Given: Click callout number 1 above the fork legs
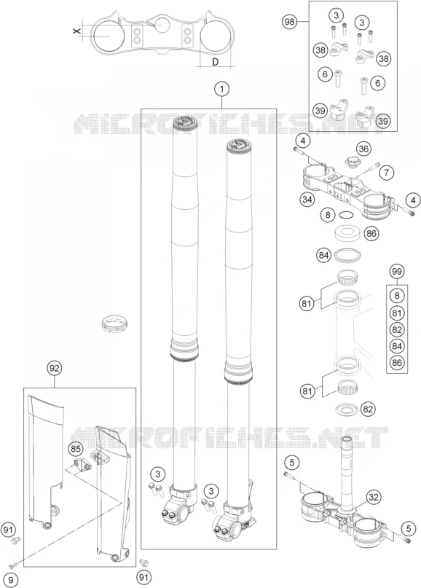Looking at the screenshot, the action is tap(222, 89).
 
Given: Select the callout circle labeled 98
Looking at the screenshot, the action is tap(289, 22).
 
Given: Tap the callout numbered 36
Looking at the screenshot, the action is tap(363, 149).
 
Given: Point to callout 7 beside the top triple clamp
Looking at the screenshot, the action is tap(387, 173).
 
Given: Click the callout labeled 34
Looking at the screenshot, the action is tap(307, 200).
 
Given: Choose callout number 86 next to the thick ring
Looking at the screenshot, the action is tap(371, 234).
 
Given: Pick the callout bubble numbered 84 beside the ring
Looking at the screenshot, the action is tap(324, 255).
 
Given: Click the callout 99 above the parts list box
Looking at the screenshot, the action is tap(397, 271).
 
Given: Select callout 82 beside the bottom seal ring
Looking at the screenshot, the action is tap(368, 409).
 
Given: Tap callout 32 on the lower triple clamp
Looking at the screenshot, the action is tap(373, 498).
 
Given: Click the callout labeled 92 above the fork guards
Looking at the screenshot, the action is tap(55, 369).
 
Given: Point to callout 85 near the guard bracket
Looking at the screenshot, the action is tap(76, 449).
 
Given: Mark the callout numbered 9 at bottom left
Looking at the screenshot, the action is tap(11, 581).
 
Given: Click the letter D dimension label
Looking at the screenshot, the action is tap(215, 62).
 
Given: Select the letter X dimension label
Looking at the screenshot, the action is tap(77, 31).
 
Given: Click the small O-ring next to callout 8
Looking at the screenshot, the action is tap(346, 215).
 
